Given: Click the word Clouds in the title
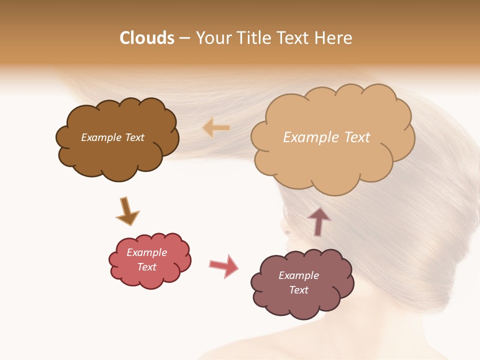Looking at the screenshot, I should click(x=147, y=38).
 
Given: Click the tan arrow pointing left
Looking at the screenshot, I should click(x=216, y=128).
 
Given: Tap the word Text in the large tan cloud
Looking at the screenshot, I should click(x=353, y=137).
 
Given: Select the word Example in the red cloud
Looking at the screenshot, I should click(x=147, y=252).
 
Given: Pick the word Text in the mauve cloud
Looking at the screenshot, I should click(x=299, y=290).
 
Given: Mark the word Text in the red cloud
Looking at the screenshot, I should click(x=147, y=267).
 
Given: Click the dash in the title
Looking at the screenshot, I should click(x=184, y=38).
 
